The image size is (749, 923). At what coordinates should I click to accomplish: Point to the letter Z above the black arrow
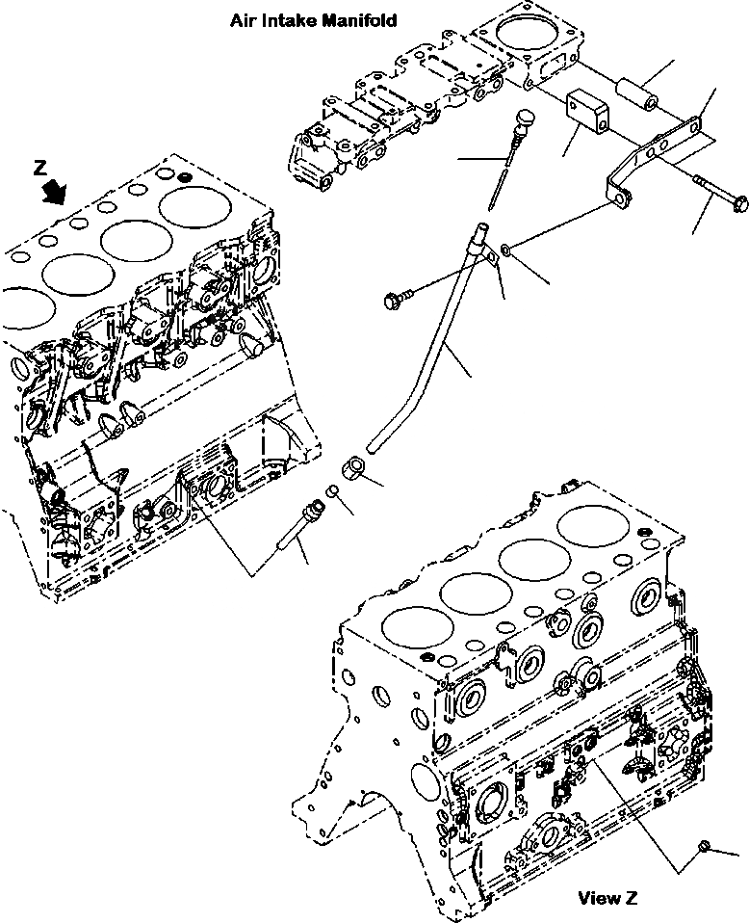pos(40,168)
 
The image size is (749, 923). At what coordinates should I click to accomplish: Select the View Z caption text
pos(607,898)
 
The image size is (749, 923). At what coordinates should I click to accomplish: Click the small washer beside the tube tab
pos(506,252)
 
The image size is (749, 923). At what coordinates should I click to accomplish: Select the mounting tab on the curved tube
pos(491,253)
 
